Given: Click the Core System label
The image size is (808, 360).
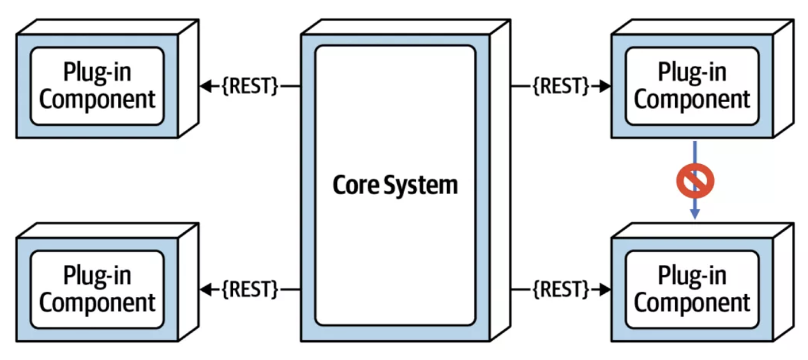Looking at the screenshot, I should click(395, 185).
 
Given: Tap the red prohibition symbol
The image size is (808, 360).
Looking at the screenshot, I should click(695, 181).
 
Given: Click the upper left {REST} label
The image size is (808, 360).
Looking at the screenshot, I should click(250, 86).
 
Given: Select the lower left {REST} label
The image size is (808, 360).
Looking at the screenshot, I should click(250, 289).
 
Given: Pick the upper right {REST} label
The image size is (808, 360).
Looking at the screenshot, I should click(560, 86).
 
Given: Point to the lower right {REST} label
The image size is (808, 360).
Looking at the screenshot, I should click(560, 289).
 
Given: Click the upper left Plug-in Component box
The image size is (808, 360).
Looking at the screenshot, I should click(97, 86).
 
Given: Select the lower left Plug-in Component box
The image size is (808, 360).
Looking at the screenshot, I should click(97, 289).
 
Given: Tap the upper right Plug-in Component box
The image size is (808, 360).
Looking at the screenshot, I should click(692, 86).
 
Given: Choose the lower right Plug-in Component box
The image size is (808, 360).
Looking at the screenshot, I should click(692, 289).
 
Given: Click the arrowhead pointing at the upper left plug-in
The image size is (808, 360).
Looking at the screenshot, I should click(206, 86).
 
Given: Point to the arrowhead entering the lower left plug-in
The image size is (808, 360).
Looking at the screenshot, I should click(206, 289).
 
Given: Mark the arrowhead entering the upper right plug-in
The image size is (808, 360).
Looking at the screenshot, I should click(604, 86).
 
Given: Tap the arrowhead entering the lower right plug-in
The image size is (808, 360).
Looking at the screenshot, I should click(604, 289).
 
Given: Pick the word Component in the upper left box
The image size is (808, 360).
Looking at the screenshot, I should click(97, 100).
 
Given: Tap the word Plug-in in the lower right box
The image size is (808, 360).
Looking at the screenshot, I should click(692, 275).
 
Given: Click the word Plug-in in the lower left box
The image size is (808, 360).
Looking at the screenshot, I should click(97, 275).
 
